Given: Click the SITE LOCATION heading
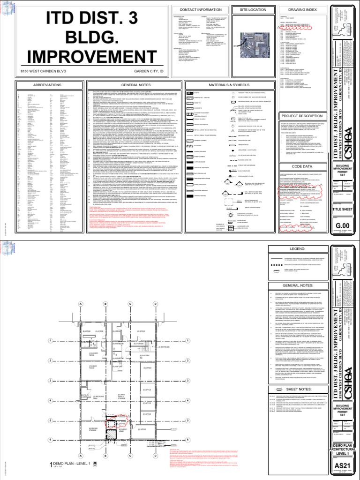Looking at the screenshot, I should [252, 9].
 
